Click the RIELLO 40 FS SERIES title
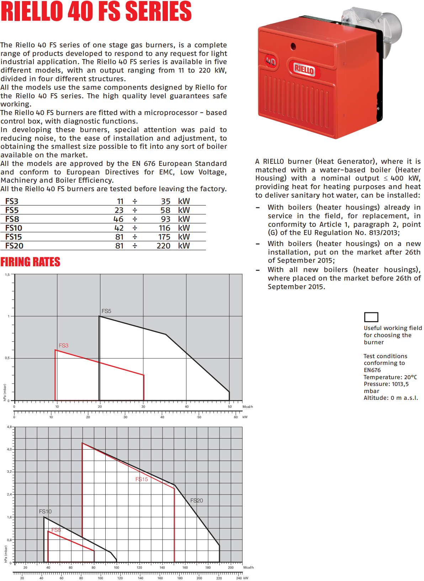(x=96, y=11)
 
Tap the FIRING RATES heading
(x=30, y=262)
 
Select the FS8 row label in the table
(x=12, y=219)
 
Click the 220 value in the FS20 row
(x=163, y=246)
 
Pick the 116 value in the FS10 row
(x=164, y=228)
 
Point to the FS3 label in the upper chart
(x=63, y=345)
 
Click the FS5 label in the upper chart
(x=106, y=311)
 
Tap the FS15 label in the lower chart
(x=142, y=479)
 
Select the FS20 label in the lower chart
(x=196, y=500)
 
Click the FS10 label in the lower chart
(x=45, y=511)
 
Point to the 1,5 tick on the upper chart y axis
(x=7, y=275)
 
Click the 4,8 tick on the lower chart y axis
(x=9, y=426)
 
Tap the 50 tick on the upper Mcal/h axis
(x=230, y=407)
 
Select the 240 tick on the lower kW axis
(x=239, y=578)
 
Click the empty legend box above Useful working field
(x=371, y=317)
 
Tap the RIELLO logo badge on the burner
(x=304, y=69)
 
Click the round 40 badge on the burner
(x=271, y=62)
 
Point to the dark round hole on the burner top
(x=293, y=46)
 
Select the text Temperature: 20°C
(x=390, y=377)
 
